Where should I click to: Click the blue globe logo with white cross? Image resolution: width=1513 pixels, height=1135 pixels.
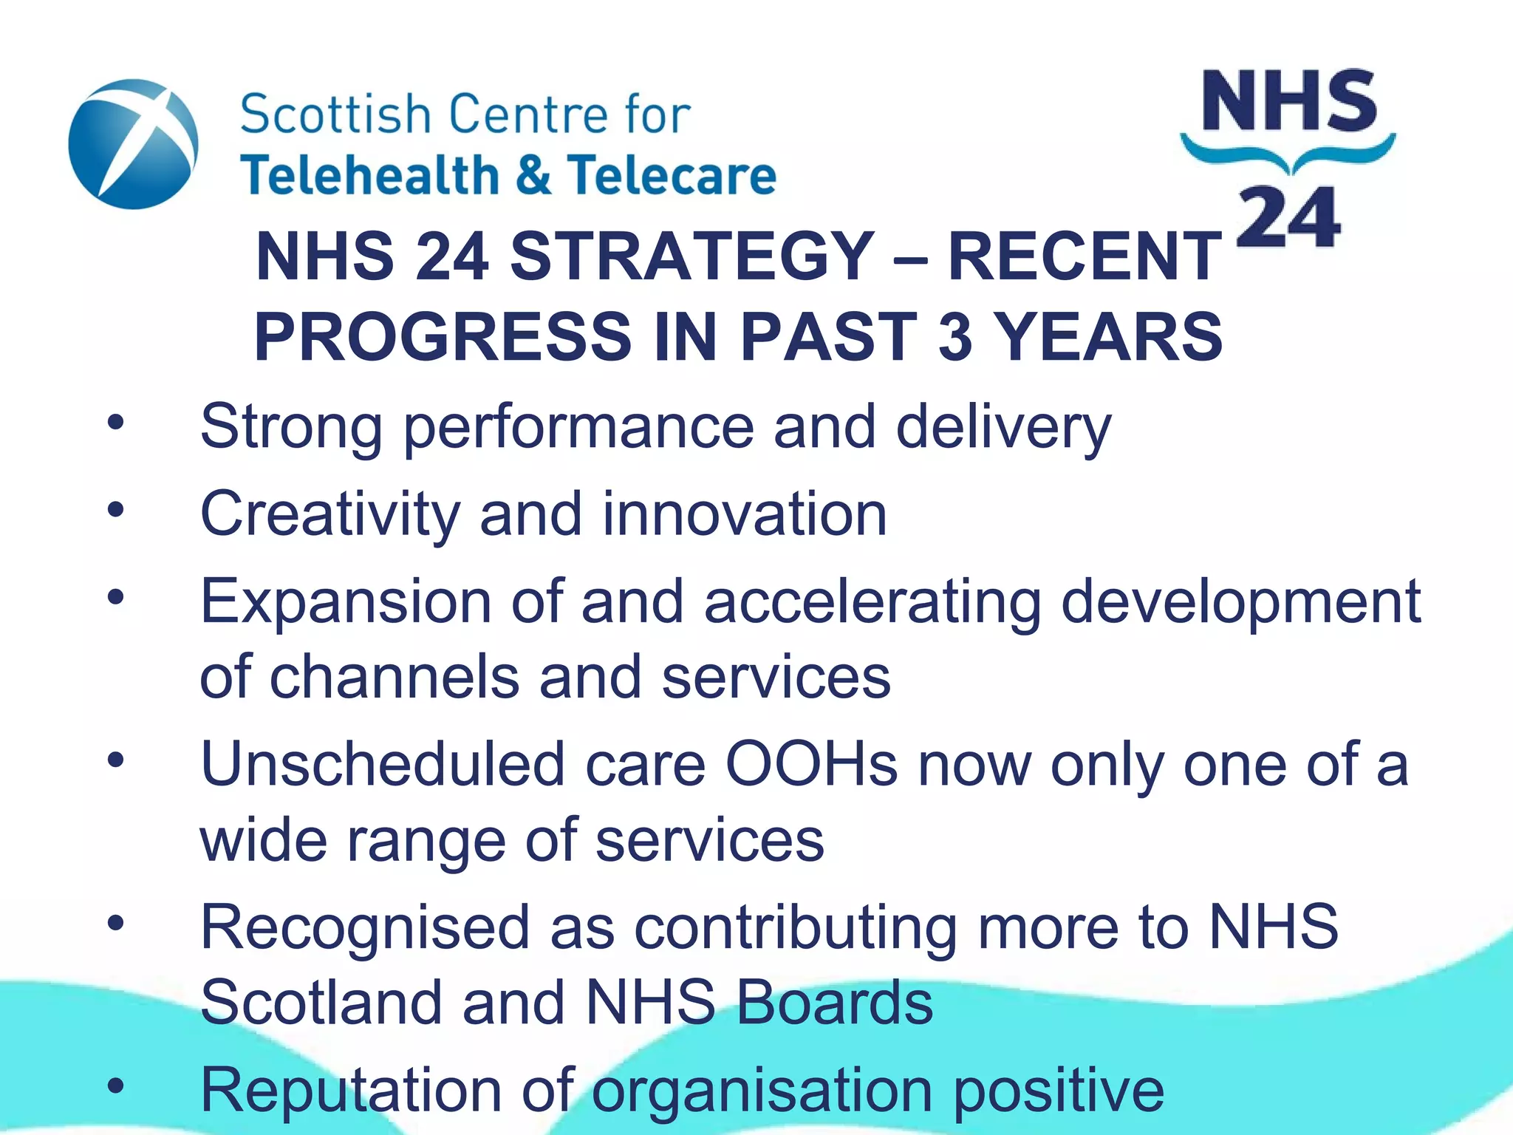coord(133,144)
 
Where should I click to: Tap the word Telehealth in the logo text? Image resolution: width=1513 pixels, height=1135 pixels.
coord(369,176)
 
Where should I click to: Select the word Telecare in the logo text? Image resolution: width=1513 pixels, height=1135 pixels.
coord(672,176)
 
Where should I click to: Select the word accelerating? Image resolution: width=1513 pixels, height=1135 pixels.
coord(872,603)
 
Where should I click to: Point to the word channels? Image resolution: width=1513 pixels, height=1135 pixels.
coord(395,677)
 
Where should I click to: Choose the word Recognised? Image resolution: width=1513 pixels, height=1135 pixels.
coord(365,928)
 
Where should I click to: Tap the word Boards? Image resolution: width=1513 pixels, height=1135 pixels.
coord(835,1003)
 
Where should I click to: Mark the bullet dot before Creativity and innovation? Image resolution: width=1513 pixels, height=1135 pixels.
coord(115,509)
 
